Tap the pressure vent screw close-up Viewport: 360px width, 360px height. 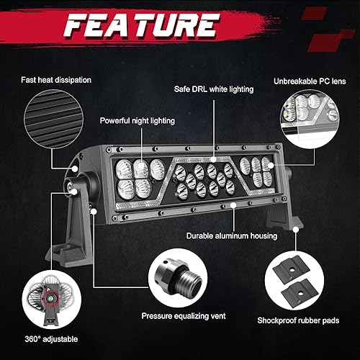(176, 277)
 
